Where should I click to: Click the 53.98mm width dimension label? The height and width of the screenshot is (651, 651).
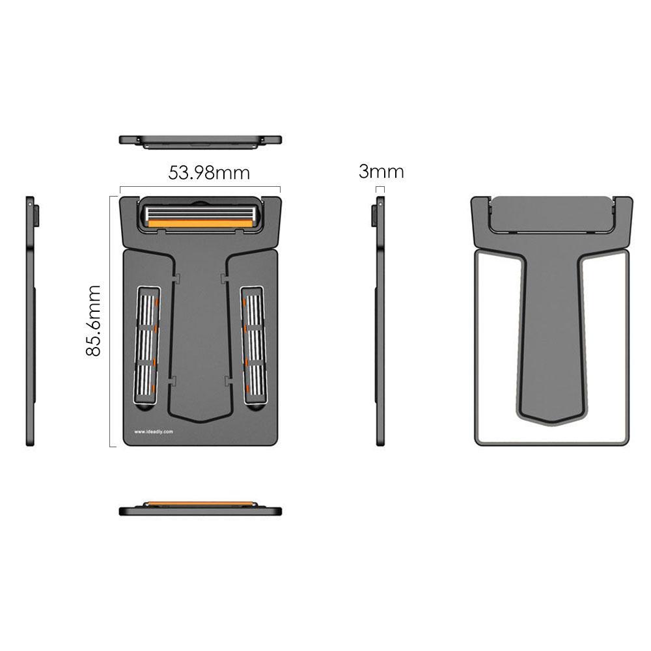pyautogui.click(x=209, y=173)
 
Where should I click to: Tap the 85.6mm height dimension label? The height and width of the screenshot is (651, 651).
pyautogui.click(x=94, y=320)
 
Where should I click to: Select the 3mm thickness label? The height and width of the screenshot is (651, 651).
pyautogui.click(x=381, y=172)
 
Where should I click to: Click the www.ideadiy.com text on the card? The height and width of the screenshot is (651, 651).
pyautogui.click(x=153, y=431)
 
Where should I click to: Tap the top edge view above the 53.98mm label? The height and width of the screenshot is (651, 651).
pyautogui.click(x=200, y=140)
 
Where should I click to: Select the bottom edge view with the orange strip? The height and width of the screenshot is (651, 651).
pyautogui.click(x=200, y=508)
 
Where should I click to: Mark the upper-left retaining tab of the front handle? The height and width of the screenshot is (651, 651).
pyautogui.click(x=176, y=279)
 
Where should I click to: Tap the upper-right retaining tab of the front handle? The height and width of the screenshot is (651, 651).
pyautogui.click(x=225, y=279)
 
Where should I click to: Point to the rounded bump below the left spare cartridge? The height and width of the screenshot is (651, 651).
pyautogui.click(x=145, y=408)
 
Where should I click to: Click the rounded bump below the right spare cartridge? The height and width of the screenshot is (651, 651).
pyautogui.click(x=255, y=408)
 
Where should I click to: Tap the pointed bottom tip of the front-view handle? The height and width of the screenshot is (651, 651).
pyautogui.click(x=200, y=420)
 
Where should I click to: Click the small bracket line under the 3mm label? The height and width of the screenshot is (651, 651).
pyautogui.click(x=381, y=189)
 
